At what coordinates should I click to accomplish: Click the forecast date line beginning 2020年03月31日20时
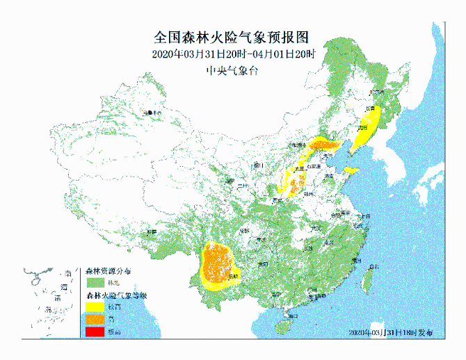[233, 54]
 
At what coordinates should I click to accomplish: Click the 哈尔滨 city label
[376, 91]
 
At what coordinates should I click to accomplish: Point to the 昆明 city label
[232, 276]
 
